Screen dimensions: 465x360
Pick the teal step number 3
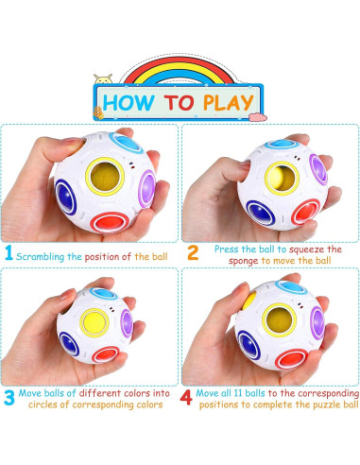9,398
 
